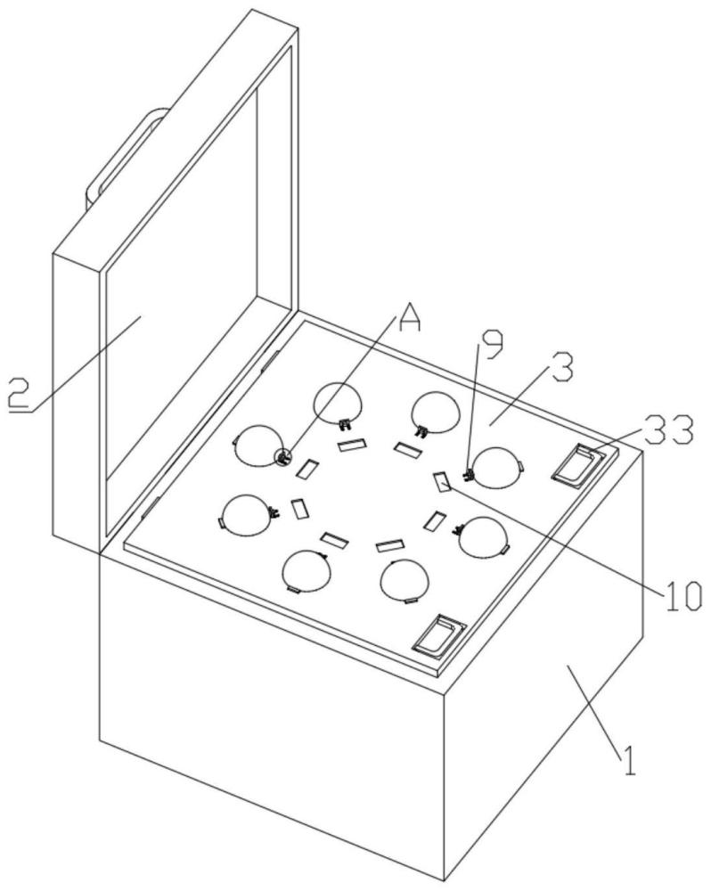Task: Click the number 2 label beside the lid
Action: tap(20, 393)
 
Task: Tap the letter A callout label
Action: tap(410, 316)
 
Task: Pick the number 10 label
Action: tap(682, 596)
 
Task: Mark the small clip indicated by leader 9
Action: tap(470, 474)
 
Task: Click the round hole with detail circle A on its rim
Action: tap(259, 445)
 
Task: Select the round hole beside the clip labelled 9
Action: tap(497, 468)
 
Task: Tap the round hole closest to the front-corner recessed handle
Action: tap(405, 580)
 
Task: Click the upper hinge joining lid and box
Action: tap(269, 361)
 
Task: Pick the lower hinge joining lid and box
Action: tap(150, 508)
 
